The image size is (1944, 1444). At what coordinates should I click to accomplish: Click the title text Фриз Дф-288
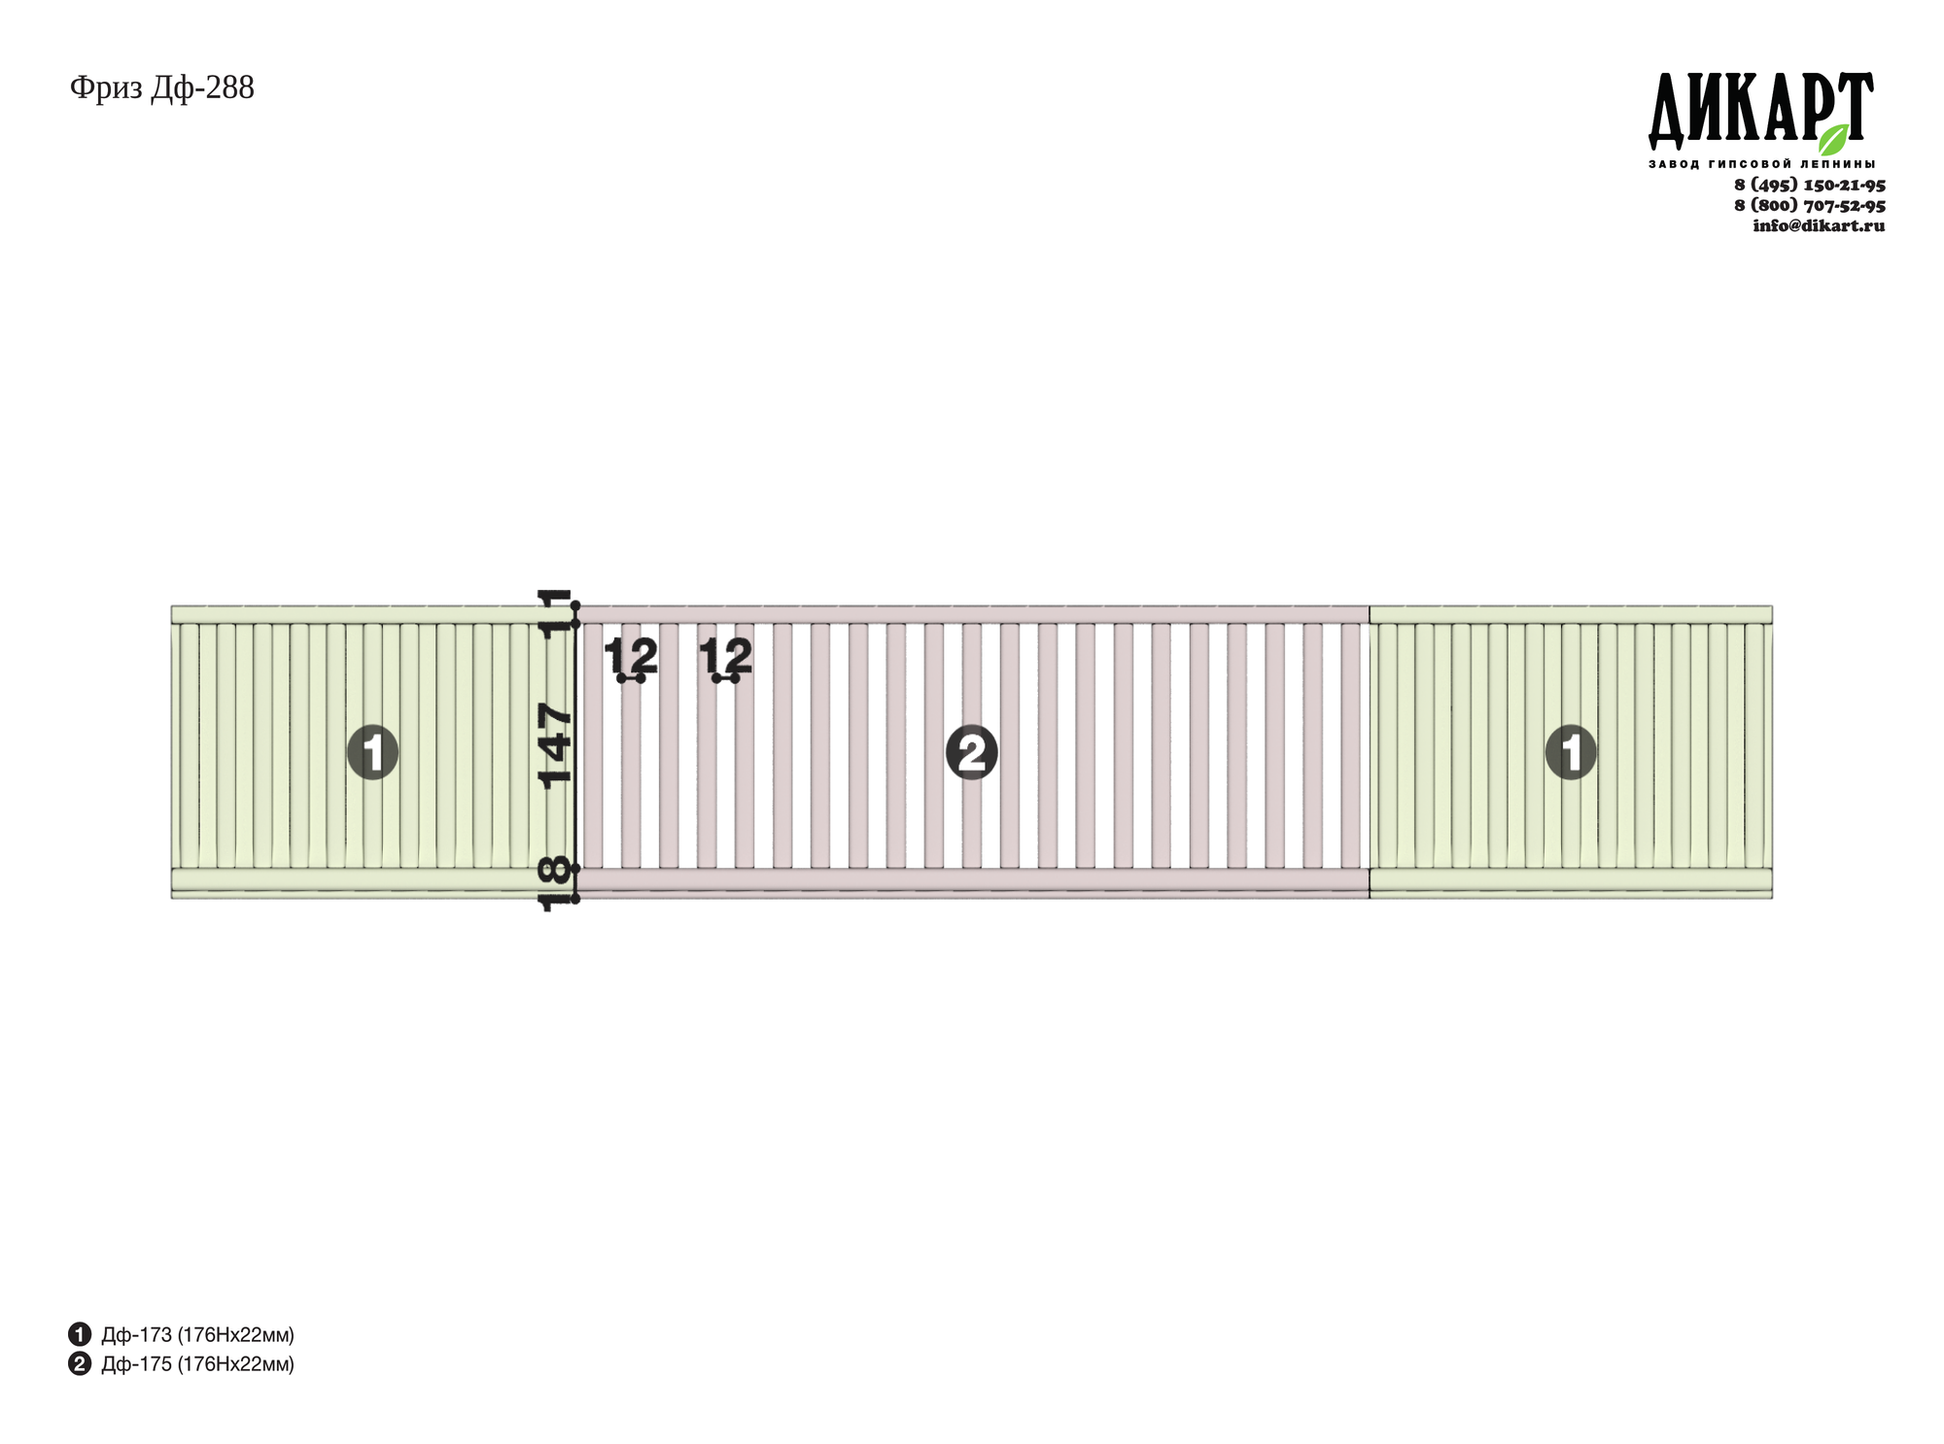pos(162,88)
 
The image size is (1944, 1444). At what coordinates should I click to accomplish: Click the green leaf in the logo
pos(1834,140)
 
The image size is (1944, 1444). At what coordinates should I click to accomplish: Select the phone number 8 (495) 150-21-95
pos(1810,185)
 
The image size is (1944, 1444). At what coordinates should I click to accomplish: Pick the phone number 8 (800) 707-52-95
pos(1810,205)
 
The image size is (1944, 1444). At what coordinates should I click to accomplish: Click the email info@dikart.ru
pos(1819,225)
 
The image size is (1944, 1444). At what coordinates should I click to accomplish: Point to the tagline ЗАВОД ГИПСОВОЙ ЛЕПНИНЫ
pos(1761,164)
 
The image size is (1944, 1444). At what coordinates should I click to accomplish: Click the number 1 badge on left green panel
pos(373,752)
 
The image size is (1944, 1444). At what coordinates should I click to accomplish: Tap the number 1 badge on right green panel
pos(1571,752)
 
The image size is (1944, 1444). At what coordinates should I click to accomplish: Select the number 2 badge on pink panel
pos(972,752)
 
